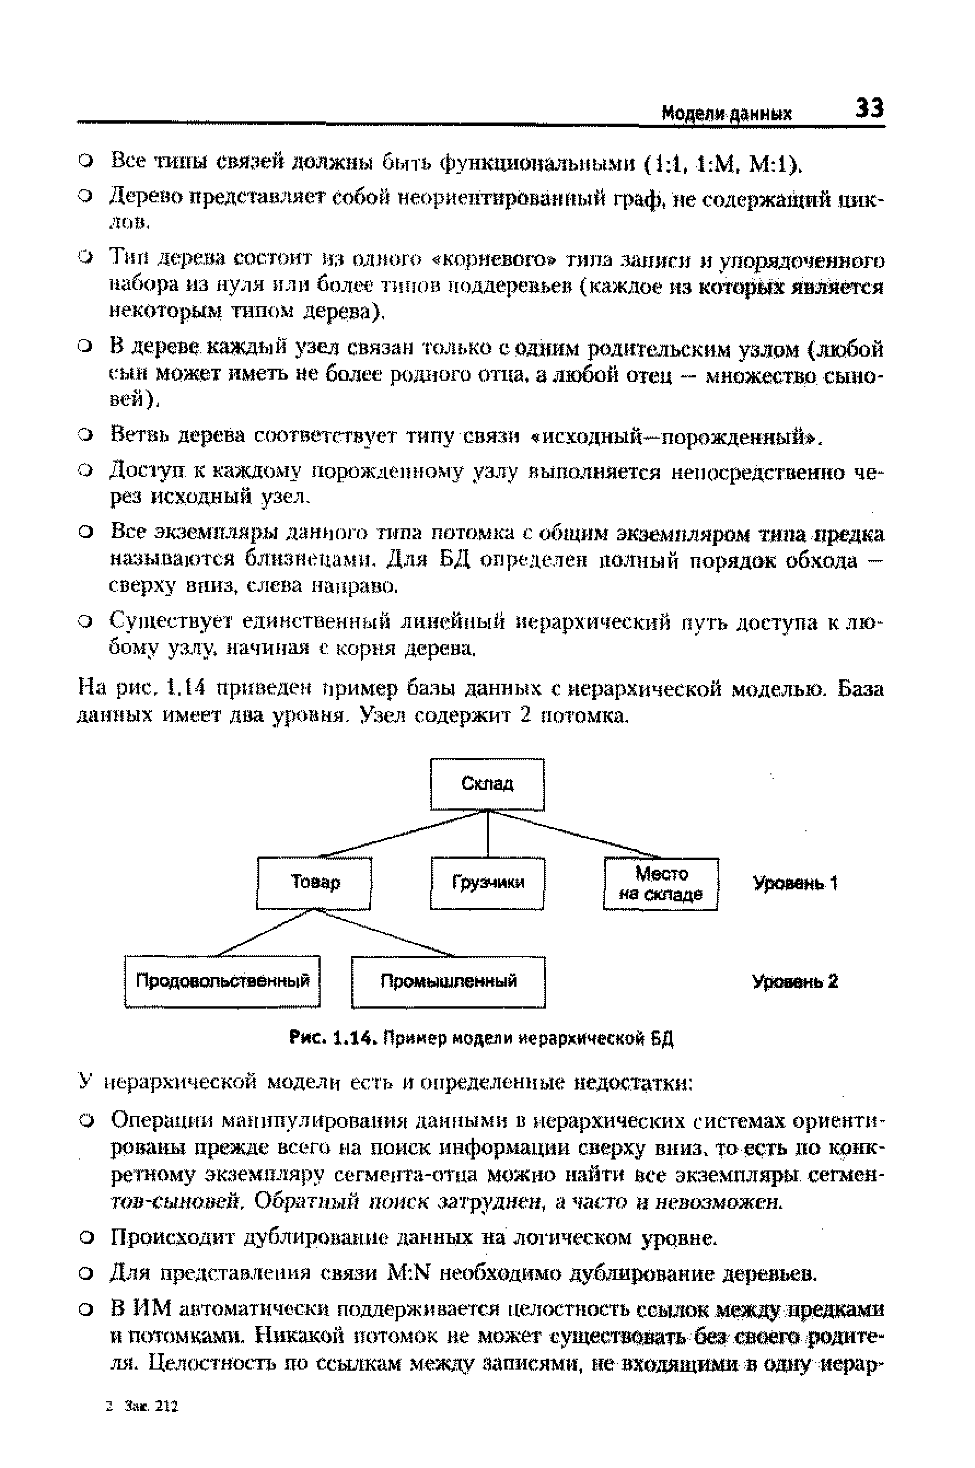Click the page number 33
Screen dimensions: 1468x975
[869, 108]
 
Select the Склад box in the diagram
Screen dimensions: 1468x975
[487, 784]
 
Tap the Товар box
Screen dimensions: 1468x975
[315, 883]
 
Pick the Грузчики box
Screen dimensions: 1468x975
[487, 883]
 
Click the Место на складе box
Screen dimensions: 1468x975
[661, 884]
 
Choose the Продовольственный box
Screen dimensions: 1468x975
[222, 981]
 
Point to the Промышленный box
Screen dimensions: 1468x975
[448, 981]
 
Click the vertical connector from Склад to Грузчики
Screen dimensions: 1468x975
[488, 834]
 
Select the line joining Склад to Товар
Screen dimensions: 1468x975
[404, 834]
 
